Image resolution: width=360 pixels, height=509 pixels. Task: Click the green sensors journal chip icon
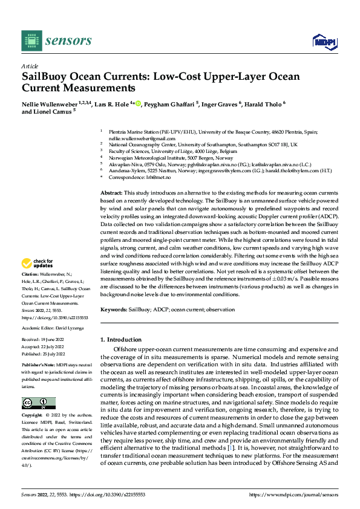pyautogui.click(x=31, y=41)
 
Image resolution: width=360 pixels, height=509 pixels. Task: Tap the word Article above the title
pyautogui.click(x=29, y=66)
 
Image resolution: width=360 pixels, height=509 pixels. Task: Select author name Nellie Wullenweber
pyautogui.click(x=47, y=105)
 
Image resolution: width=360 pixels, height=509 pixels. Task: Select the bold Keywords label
pyautogui.click(x=113, y=309)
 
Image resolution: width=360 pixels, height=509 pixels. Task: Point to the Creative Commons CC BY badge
pyautogui.click(x=39, y=403)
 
